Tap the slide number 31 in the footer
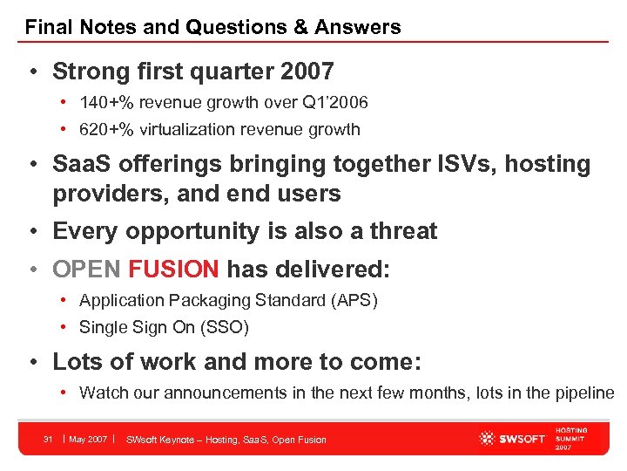click(x=49, y=439)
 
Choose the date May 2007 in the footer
click(x=88, y=439)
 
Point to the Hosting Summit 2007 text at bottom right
click(x=571, y=440)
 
